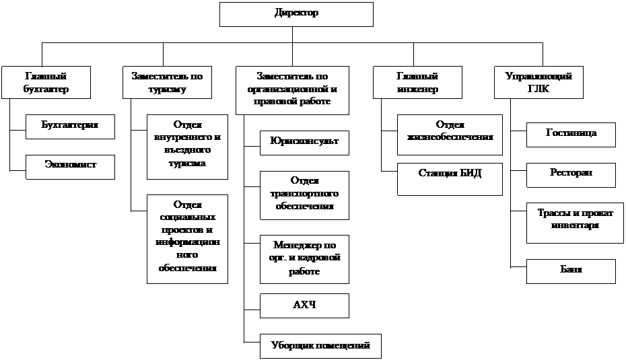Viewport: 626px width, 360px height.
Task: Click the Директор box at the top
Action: (296, 14)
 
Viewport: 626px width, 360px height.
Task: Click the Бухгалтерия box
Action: (70, 127)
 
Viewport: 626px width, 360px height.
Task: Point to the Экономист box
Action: (70, 166)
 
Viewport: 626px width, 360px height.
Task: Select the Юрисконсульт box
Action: (304, 143)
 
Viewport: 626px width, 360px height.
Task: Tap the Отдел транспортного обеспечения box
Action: (304, 194)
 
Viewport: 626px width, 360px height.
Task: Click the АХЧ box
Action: (304, 305)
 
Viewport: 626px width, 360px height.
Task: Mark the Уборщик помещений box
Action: (320, 345)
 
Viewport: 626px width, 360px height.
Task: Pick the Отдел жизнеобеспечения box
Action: (450, 135)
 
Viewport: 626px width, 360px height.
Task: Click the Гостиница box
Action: (571, 135)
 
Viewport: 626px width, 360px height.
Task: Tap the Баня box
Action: (571, 271)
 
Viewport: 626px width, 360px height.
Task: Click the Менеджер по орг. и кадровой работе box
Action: (304, 258)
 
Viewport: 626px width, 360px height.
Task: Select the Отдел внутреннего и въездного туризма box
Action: (187, 147)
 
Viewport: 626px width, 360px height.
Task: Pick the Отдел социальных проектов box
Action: (187, 239)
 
